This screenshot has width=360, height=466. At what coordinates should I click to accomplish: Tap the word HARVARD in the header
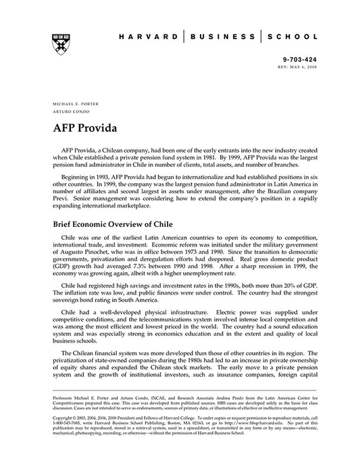tap(147, 36)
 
